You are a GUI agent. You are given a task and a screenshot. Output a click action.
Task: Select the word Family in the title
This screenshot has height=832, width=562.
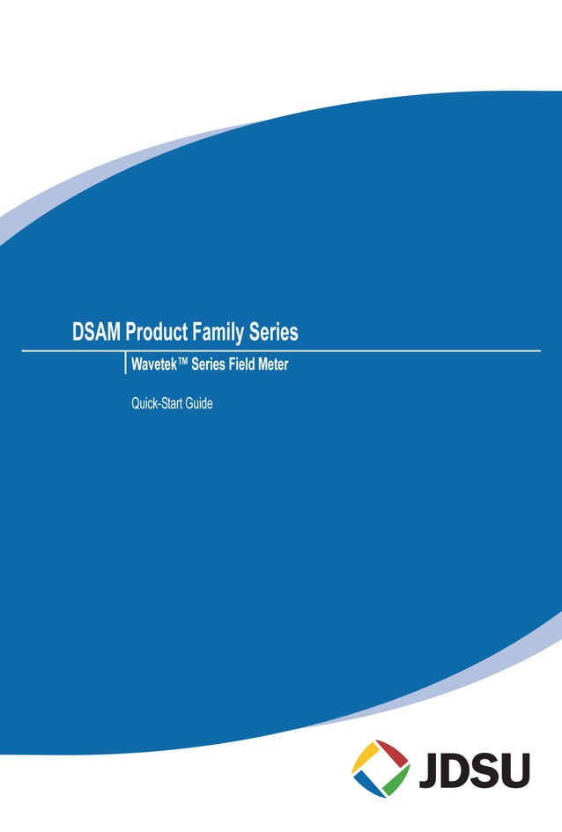(220, 333)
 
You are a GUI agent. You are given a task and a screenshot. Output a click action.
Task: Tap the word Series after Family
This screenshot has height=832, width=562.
(275, 333)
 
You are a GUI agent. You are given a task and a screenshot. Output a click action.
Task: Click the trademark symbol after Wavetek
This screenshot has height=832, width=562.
(181, 362)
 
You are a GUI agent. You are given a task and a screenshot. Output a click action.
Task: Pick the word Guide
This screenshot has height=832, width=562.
(199, 405)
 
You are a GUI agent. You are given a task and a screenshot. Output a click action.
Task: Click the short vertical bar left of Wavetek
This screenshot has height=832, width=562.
(126, 364)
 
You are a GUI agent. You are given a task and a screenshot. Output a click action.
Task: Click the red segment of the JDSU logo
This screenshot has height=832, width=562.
(395, 755)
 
